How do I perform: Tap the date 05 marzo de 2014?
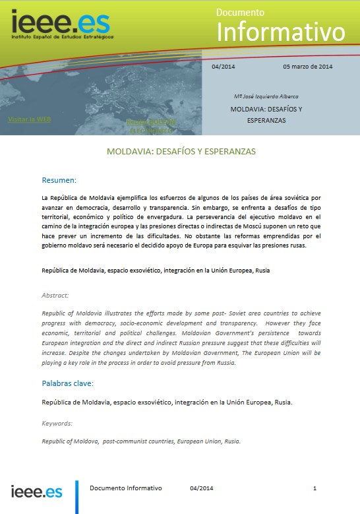coord(307,67)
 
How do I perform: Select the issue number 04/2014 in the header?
coord(224,67)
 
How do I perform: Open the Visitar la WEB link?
coord(29,119)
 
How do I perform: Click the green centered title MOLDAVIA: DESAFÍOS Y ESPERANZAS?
coord(181,151)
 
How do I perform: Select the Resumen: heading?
coord(59,180)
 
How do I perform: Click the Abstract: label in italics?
coord(55,296)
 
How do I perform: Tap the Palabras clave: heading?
coord(67,383)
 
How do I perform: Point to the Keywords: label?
coord(57,423)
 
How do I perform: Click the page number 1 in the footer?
coord(315,488)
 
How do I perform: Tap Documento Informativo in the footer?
coord(125,488)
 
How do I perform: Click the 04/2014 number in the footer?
coord(202,488)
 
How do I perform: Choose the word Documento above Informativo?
coord(241,12)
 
